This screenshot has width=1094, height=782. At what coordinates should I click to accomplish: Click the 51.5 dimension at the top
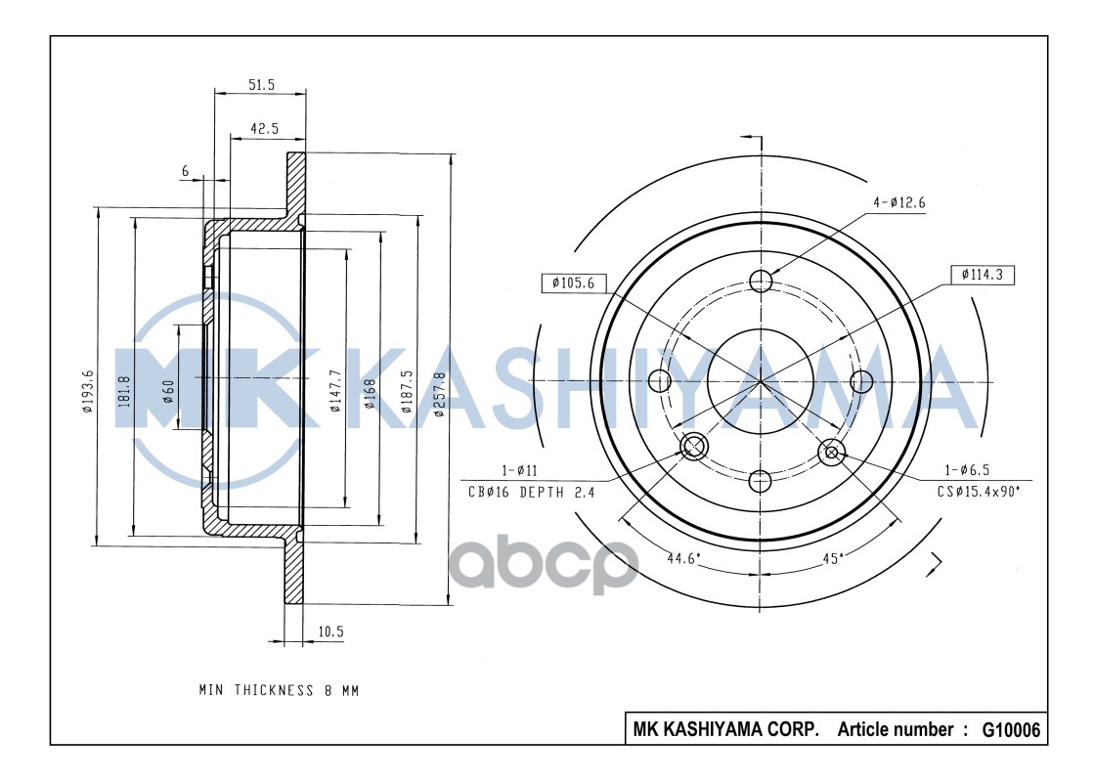(260, 86)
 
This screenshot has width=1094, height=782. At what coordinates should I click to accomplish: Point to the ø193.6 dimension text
(88, 394)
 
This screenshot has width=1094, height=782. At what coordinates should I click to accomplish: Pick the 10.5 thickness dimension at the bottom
(331, 631)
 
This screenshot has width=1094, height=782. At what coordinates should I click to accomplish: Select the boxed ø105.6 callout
(573, 283)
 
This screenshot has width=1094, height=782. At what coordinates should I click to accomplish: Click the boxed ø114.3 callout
(983, 275)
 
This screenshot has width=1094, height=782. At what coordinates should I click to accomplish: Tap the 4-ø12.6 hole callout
(899, 202)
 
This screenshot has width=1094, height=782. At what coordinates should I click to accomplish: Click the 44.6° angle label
(684, 559)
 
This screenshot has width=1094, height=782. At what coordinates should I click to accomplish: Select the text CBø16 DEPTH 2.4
(531, 492)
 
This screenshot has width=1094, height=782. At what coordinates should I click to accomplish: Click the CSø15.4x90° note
(978, 492)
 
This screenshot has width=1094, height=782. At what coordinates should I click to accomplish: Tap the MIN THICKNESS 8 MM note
(279, 690)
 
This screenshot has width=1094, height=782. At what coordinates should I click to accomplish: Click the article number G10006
(1011, 730)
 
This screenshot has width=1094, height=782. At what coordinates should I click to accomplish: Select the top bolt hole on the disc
(762, 282)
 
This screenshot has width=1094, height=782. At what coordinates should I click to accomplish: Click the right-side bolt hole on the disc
(861, 380)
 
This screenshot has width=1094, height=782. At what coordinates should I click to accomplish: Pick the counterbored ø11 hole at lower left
(693, 448)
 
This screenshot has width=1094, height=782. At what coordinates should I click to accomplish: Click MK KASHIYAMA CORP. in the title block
(726, 730)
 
